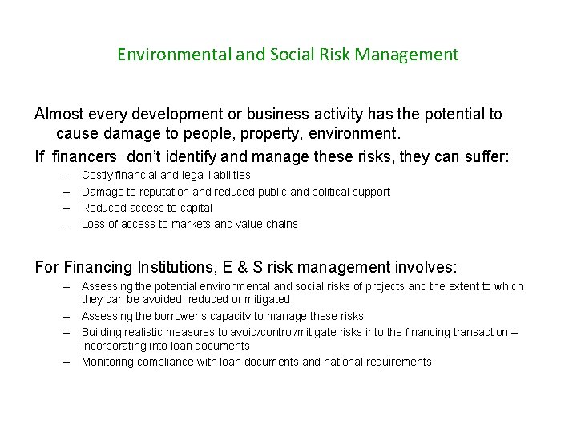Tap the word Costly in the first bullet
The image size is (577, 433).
coord(98,175)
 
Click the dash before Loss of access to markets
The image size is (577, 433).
coord(64,224)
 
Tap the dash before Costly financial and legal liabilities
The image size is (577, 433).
coord(64,175)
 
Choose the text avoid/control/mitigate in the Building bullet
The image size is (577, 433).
coord(269,332)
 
